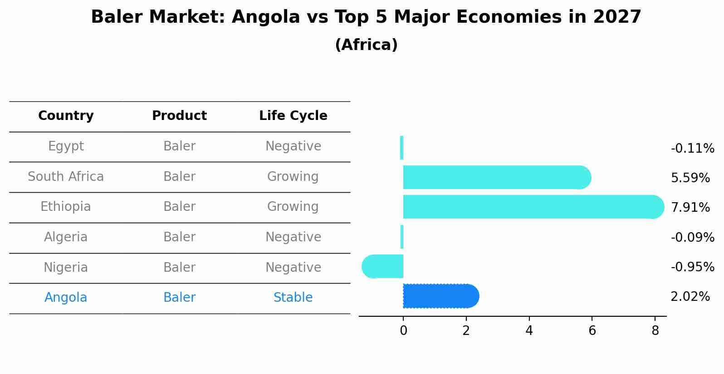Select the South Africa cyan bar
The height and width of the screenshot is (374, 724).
[494, 177]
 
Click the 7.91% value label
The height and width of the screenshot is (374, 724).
[690, 208]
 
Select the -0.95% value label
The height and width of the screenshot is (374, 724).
[692, 267]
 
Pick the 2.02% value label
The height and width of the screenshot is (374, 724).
[690, 297]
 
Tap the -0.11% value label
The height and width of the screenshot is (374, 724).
[692, 149]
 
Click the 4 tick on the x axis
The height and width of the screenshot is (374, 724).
[529, 331]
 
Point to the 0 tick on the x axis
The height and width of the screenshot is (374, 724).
[403, 331]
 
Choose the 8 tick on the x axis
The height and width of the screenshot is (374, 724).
[655, 331]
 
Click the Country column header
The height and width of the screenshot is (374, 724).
[66, 116]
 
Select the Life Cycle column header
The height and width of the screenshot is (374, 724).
[293, 116]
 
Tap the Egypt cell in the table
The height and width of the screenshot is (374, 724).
[66, 146]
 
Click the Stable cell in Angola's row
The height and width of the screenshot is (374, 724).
[293, 298]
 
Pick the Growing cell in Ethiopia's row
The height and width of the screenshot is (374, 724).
[293, 207]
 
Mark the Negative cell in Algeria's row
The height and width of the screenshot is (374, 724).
[293, 237]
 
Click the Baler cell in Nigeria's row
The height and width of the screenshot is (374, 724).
[179, 268]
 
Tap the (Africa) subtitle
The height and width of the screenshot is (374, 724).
[366, 45]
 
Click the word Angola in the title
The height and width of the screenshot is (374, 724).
[266, 17]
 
